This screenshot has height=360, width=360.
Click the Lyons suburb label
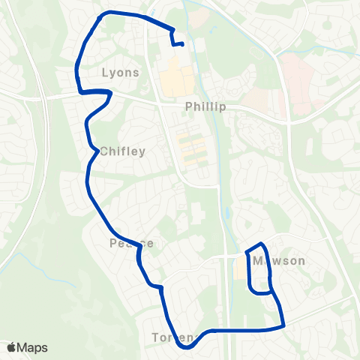pyautogui.click(x=120, y=73)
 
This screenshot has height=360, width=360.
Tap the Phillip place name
pyautogui.click(x=205, y=107)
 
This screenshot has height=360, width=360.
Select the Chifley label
pyautogui.click(x=121, y=151)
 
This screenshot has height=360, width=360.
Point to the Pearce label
pyautogui.click(x=131, y=243)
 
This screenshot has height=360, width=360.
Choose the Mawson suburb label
pyautogui.click(x=279, y=261)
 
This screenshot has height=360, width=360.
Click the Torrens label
pyautogui.click(x=173, y=337)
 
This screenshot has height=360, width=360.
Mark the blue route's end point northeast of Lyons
pyautogui.click(x=183, y=44)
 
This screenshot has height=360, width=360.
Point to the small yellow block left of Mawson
pyautogui.click(x=239, y=268)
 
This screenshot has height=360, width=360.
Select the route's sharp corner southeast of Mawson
pyautogui.click(x=284, y=325)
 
